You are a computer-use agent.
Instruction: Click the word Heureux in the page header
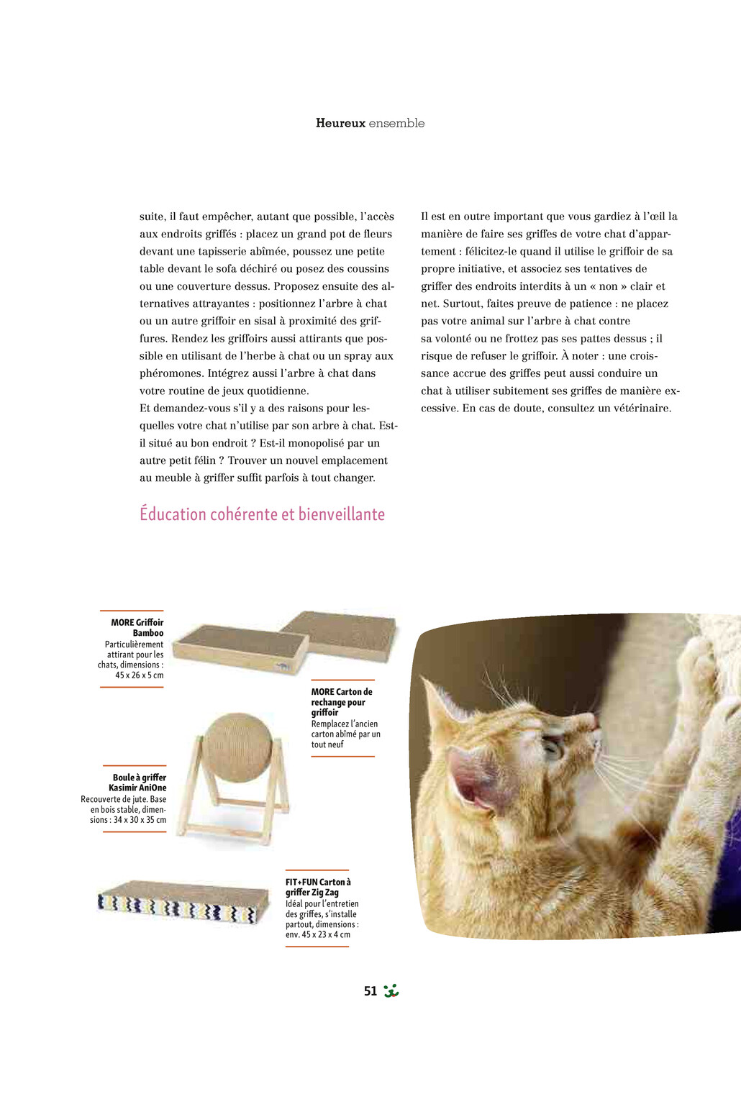pyautogui.click(x=340, y=123)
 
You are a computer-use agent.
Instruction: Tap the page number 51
pyautogui.click(x=370, y=991)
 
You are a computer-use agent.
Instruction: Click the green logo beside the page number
pyautogui.click(x=391, y=991)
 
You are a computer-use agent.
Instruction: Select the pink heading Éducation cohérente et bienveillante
pyautogui.click(x=262, y=514)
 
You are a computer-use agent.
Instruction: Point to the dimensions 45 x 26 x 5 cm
pyautogui.click(x=140, y=675)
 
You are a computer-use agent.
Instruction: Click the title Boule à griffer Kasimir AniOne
pyautogui.click(x=139, y=783)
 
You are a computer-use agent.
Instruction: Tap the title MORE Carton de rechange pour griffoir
pyautogui.click(x=341, y=702)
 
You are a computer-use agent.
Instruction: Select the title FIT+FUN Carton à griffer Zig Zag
pyautogui.click(x=317, y=887)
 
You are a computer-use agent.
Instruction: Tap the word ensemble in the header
pyautogui.click(x=396, y=123)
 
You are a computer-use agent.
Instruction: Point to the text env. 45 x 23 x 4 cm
pyautogui.click(x=318, y=934)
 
